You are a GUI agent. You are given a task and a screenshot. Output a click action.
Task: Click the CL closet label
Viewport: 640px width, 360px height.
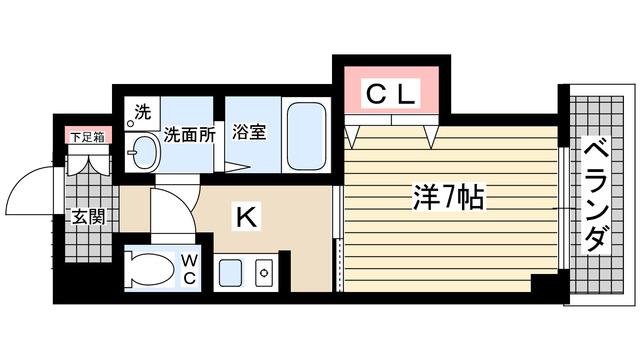pyautogui.click(x=390, y=95)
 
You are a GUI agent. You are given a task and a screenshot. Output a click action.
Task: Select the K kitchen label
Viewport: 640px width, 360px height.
pyautogui.click(x=243, y=213)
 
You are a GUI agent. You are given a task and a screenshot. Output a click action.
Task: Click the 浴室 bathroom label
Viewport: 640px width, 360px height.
pyautogui.click(x=249, y=131)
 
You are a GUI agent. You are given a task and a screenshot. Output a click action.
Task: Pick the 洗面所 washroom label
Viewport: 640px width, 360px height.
pyautogui.click(x=189, y=133)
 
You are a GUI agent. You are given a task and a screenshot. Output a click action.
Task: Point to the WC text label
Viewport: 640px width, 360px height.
pyautogui.click(x=188, y=269)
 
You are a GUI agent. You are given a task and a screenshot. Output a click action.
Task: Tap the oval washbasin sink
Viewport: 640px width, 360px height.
pyautogui.click(x=144, y=154)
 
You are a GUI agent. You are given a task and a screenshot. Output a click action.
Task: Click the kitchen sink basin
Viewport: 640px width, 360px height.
pyautogui.click(x=229, y=272)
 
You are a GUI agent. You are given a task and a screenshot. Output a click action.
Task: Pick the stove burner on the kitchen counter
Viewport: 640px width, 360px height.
pyautogui.click(x=265, y=271)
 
